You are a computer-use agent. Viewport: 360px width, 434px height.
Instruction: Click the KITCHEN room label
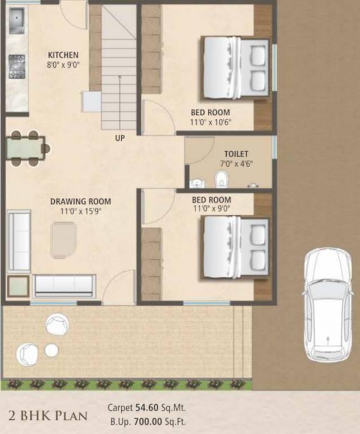pos(63,55)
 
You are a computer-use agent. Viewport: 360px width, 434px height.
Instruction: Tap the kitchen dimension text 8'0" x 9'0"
pos(63,64)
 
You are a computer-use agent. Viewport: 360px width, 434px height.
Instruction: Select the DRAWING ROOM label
pos(80,201)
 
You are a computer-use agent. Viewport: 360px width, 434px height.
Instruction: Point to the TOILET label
pos(236,154)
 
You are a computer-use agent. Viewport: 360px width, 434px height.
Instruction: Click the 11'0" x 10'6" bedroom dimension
pos(211,121)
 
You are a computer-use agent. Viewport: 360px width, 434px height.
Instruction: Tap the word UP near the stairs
pos(120,138)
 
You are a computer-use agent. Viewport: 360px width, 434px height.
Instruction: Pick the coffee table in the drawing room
pos(63,240)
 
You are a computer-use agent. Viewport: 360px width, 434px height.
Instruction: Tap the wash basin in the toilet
pos(196,183)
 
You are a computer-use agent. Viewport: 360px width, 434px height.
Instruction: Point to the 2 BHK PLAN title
pos(49,416)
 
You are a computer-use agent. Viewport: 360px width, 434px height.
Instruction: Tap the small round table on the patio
pos(51,350)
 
